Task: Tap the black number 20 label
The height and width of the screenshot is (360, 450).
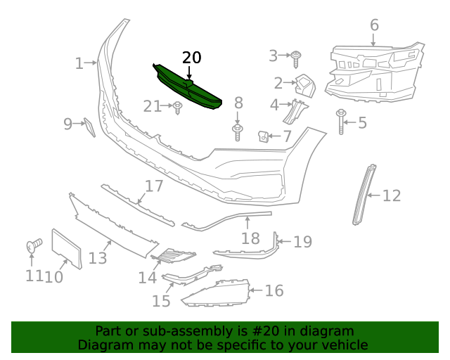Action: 191,58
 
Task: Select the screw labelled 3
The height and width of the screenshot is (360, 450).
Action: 296,56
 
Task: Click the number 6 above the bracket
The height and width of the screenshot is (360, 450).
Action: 374,25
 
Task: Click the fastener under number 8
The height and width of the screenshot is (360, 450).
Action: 238,131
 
